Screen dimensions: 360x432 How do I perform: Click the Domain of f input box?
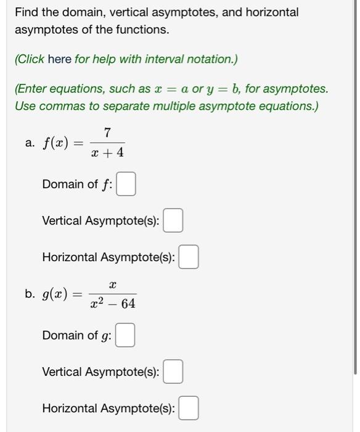pyautogui.click(x=126, y=185)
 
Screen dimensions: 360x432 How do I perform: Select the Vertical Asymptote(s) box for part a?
pyautogui.click(x=173, y=221)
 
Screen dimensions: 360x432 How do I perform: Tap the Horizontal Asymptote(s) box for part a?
pyautogui.click(x=189, y=257)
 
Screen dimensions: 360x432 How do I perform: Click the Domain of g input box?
pyautogui.click(x=126, y=336)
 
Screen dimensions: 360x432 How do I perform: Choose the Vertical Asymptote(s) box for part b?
pyautogui.click(x=173, y=372)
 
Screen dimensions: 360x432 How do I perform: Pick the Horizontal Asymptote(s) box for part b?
pyautogui.click(x=189, y=409)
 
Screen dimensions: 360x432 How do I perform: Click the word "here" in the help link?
pyautogui.click(x=60, y=59)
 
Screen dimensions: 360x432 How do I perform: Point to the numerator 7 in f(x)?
pyautogui.click(x=107, y=132)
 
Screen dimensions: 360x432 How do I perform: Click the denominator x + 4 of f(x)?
pyautogui.click(x=107, y=151)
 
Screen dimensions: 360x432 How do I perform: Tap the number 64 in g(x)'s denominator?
pyautogui.click(x=128, y=304)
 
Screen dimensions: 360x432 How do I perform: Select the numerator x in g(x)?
pyautogui.click(x=112, y=285)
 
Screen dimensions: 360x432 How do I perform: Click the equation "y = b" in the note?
pyautogui.click(x=225, y=89)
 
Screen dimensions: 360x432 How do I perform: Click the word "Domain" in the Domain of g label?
pyautogui.click(x=62, y=335)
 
